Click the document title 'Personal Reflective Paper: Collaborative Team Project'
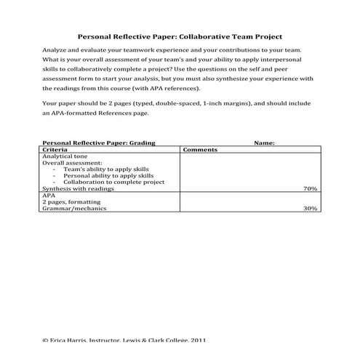[x=180, y=35]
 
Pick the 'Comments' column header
[x=201, y=149]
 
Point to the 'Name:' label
[x=263, y=143]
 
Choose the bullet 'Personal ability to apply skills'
[x=108, y=176]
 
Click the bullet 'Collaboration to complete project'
[x=113, y=183]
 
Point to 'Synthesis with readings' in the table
[x=79, y=189]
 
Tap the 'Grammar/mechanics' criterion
[x=74, y=209]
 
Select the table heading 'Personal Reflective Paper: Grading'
[x=99, y=143]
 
